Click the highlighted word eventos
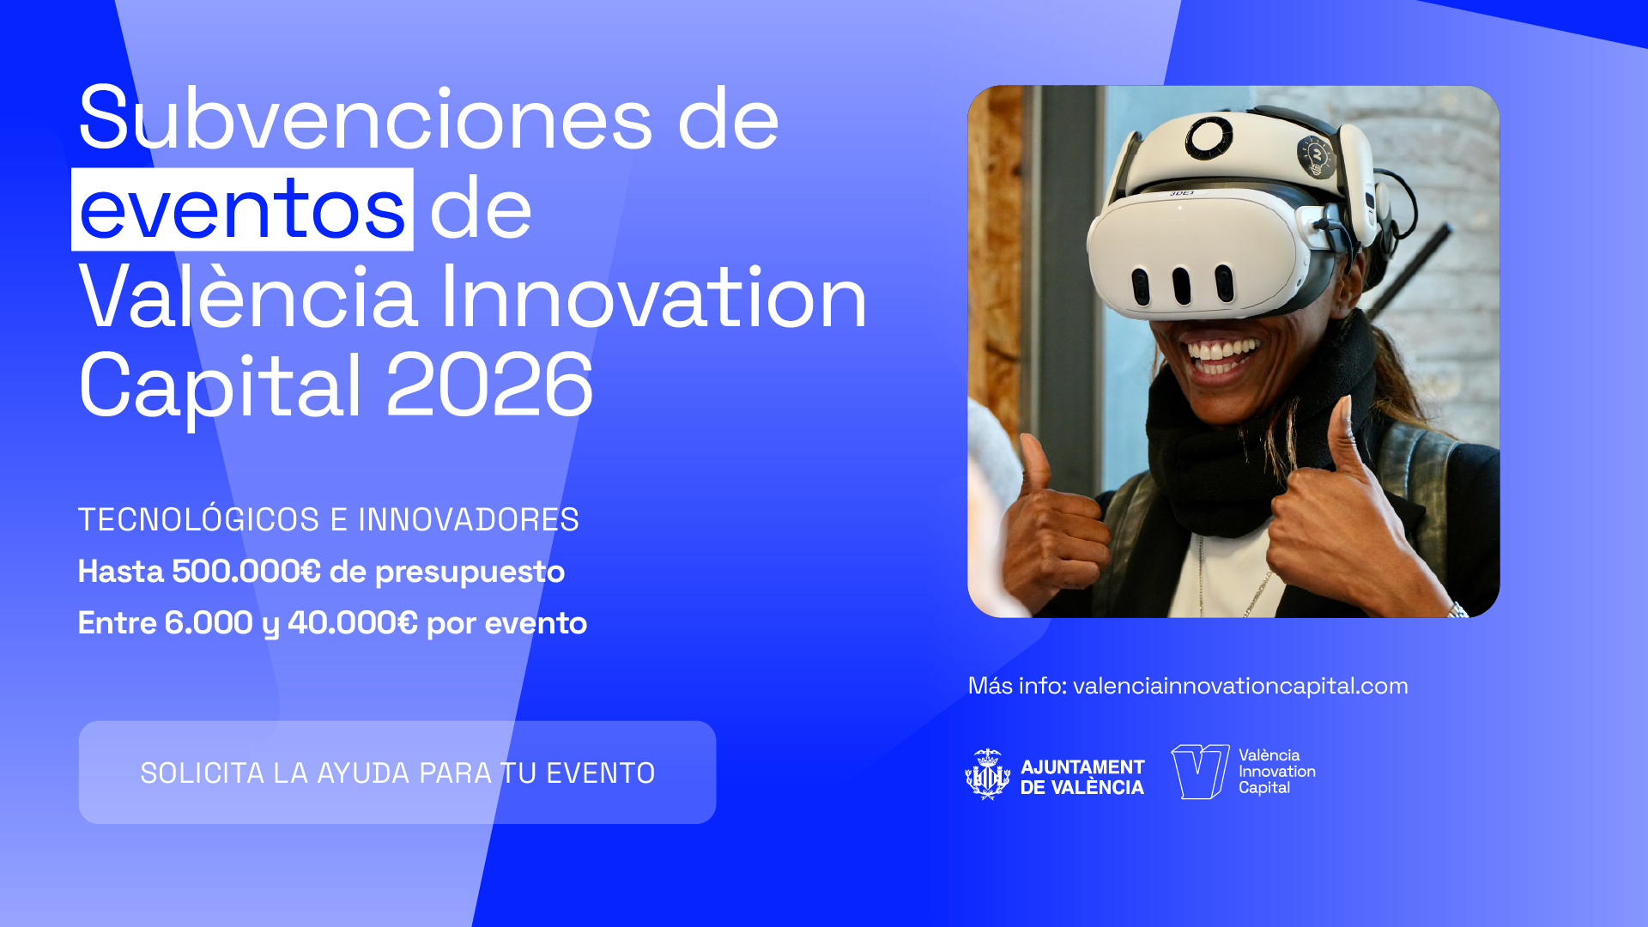click(242, 209)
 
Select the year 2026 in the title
click(489, 385)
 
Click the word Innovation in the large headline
click(653, 297)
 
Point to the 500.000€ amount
click(246, 571)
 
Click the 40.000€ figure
click(353, 622)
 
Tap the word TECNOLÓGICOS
click(198, 518)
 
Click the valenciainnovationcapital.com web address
click(1240, 686)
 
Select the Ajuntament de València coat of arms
click(988, 773)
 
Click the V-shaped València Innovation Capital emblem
click(1200, 772)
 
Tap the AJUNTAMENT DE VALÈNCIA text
click(1082, 777)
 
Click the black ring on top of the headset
click(1209, 138)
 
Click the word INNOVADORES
click(469, 519)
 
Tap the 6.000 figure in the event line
click(209, 622)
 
